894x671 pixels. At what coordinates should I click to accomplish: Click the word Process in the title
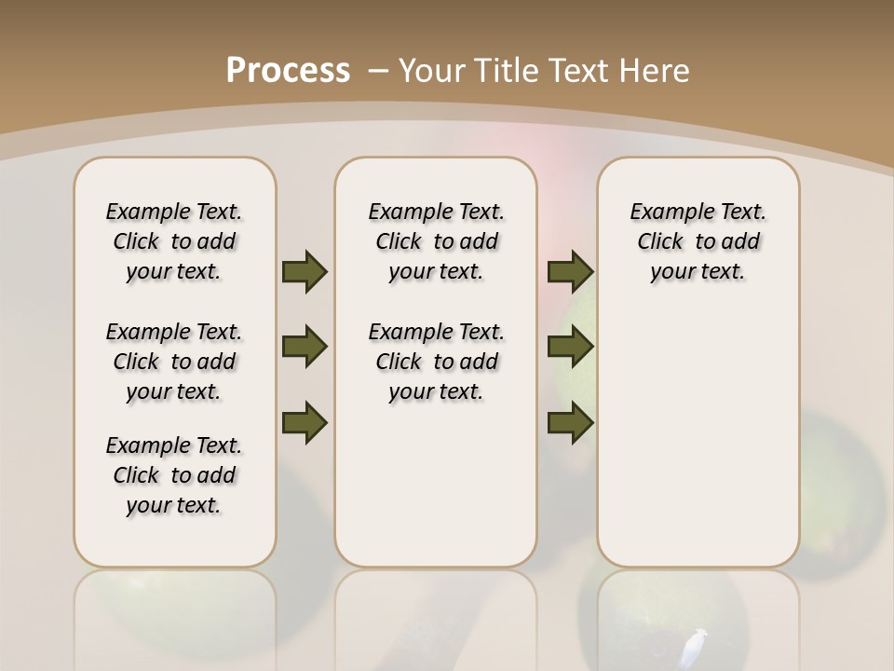(x=288, y=71)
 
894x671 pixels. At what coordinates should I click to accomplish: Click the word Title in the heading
(x=509, y=71)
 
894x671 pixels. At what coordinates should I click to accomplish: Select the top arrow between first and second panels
(x=305, y=271)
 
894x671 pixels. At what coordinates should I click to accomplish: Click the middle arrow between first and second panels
(x=305, y=348)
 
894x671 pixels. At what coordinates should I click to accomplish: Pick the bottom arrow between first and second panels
(x=305, y=422)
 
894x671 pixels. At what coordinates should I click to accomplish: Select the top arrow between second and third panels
(x=571, y=271)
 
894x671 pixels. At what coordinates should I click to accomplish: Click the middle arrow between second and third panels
(x=571, y=348)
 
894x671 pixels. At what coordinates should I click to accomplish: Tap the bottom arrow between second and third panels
(x=571, y=422)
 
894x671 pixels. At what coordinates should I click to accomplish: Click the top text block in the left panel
(x=174, y=241)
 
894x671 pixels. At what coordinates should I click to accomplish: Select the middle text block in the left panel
(x=174, y=362)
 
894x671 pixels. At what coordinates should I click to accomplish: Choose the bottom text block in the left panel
(x=174, y=475)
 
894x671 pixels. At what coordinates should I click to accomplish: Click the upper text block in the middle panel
(x=436, y=241)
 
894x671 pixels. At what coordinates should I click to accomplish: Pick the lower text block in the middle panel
(x=436, y=362)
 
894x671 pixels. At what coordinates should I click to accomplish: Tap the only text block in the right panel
(x=698, y=241)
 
